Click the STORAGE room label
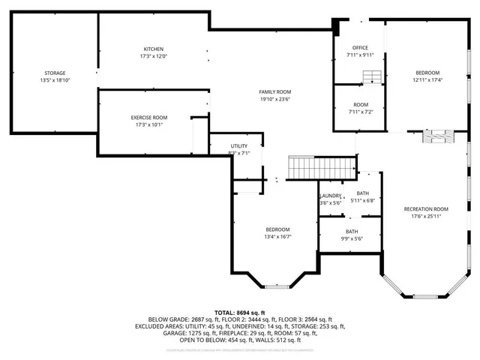[54, 73]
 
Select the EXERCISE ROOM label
[149, 117]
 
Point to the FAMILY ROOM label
[274, 91]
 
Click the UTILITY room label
[239, 145]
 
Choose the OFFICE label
[360, 47]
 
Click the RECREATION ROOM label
[425, 208]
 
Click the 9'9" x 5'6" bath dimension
[352, 239]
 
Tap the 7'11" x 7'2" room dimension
[360, 112]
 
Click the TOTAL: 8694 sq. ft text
[241, 311]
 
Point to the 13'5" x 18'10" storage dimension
[54, 79]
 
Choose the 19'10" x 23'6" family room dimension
[274, 98]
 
